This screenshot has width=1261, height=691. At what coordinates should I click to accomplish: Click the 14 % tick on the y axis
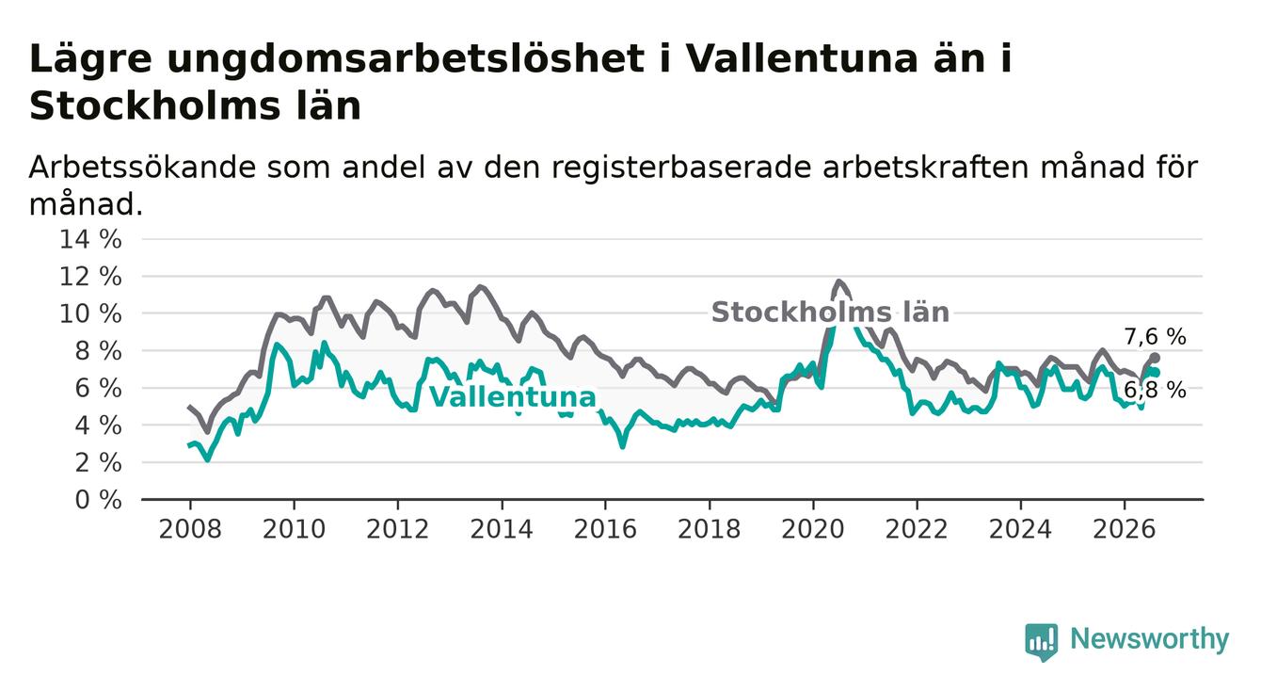click(x=90, y=239)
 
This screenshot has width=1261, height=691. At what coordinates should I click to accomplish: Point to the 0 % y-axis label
click(x=99, y=500)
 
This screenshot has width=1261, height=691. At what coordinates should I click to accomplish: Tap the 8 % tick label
click(x=99, y=351)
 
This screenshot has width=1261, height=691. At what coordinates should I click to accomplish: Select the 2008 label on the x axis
click(x=190, y=529)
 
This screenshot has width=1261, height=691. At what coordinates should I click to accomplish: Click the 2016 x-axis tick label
click(x=605, y=529)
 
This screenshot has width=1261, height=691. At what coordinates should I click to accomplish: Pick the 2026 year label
click(x=1125, y=529)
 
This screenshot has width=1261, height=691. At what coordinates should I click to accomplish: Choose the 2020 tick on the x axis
click(x=813, y=529)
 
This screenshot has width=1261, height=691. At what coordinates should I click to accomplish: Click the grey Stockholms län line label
click(x=830, y=312)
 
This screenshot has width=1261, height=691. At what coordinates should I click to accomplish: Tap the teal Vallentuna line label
click(x=512, y=397)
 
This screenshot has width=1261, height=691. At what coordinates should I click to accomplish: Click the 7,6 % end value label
click(x=1156, y=337)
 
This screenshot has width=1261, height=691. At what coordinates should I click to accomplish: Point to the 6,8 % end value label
click(x=1156, y=390)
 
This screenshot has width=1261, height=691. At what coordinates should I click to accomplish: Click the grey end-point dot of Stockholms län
click(x=1156, y=358)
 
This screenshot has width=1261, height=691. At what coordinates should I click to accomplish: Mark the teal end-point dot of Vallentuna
click(x=1156, y=372)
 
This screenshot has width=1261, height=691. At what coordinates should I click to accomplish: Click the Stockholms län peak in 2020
click(x=838, y=281)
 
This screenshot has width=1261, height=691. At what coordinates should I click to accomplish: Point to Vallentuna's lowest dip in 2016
click(x=622, y=446)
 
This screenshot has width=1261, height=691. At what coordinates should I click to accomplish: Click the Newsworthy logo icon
click(x=1041, y=642)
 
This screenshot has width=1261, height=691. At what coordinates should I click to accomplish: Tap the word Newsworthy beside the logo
click(x=1150, y=639)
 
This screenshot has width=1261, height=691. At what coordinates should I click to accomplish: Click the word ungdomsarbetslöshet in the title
click(x=406, y=59)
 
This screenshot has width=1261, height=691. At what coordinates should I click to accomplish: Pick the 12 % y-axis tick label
click(x=90, y=277)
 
